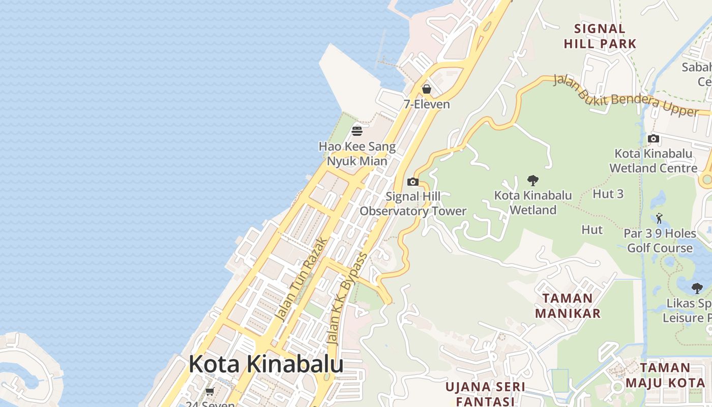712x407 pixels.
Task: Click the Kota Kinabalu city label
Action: (x=266, y=364)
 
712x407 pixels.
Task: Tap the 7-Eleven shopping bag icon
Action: (x=427, y=89)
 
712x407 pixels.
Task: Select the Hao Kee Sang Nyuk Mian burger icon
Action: (x=357, y=131)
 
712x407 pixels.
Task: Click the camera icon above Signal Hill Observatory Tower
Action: (x=413, y=182)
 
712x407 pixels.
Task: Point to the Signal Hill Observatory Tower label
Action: (x=413, y=203)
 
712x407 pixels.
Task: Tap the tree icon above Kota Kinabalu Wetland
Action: (x=533, y=180)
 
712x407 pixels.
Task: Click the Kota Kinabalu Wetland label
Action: (x=533, y=202)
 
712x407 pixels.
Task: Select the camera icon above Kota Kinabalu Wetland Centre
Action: (x=654, y=138)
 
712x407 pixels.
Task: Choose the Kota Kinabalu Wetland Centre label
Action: (x=654, y=161)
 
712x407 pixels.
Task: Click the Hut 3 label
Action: (x=608, y=194)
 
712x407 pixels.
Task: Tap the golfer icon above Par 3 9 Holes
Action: (x=660, y=218)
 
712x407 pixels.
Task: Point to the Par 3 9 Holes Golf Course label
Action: (x=660, y=241)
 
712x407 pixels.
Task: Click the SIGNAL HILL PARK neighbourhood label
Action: (x=600, y=36)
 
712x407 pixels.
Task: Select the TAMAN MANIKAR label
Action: (x=568, y=306)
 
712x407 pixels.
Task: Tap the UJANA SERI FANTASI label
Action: (x=485, y=394)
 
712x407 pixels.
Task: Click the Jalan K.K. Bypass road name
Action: (x=348, y=299)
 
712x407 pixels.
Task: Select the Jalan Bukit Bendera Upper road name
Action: (x=625, y=96)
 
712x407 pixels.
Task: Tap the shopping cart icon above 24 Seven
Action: (x=210, y=391)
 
